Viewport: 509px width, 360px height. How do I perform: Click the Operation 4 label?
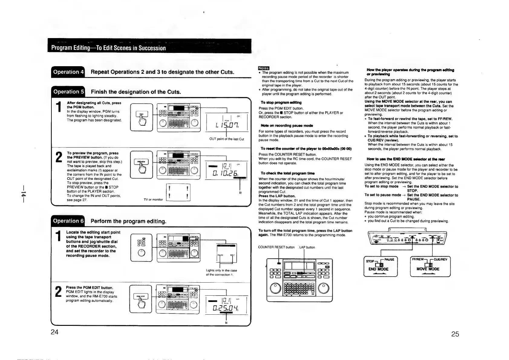68,72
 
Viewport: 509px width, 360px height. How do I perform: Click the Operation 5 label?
68,92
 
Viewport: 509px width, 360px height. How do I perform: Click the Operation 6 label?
68,221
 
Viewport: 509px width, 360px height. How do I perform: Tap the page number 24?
54,332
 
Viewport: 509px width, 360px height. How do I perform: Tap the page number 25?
455,334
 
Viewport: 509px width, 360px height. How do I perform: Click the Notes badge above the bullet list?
263,68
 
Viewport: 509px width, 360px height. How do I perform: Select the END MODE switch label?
378,269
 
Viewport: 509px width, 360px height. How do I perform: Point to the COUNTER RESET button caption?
276,247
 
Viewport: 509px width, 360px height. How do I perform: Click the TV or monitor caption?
153,199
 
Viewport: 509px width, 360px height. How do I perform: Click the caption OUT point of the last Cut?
227,139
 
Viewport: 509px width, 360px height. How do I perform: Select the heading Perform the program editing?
128,221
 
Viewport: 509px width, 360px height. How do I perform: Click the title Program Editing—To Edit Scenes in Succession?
109,48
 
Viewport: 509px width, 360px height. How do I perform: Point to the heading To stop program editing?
281,103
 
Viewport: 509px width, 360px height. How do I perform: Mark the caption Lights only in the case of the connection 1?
221,273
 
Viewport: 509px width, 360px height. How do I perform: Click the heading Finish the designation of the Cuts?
136,92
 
